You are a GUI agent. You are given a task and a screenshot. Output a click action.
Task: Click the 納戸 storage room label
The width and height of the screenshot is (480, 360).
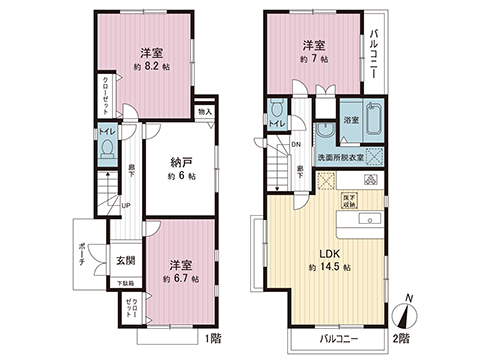[x=181, y=162]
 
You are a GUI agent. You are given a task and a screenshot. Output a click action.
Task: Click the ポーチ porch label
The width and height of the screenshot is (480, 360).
[x=80, y=259]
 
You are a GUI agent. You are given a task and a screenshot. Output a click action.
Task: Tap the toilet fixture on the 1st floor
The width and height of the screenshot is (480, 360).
[x=108, y=151]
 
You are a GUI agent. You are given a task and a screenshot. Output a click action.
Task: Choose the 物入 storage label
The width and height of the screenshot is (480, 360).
[x=204, y=114]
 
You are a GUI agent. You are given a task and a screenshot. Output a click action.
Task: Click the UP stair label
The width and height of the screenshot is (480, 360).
[x=125, y=206]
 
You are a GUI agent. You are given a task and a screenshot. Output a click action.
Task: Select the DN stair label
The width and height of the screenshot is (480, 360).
[x=295, y=145]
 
